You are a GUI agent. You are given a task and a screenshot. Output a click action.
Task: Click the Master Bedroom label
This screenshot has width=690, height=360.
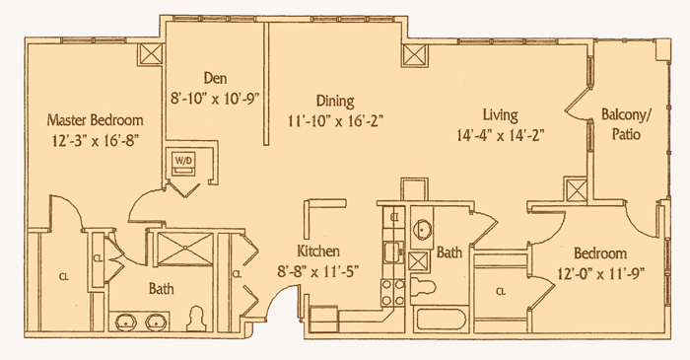95,119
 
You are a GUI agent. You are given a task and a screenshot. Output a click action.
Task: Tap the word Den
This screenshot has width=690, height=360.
215,78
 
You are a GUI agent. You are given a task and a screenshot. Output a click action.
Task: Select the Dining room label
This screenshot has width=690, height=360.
335,102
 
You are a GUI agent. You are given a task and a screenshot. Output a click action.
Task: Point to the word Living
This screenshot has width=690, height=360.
501,115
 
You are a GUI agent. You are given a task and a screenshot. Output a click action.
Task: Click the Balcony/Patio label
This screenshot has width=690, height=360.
627,124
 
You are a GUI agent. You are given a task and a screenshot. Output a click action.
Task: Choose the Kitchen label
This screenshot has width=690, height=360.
318,252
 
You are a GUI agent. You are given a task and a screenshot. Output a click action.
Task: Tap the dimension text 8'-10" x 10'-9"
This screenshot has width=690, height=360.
214,98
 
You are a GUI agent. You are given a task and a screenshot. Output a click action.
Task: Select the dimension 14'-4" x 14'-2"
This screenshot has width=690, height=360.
501,135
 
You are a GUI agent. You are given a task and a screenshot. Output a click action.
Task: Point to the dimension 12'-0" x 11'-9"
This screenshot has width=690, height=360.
600,274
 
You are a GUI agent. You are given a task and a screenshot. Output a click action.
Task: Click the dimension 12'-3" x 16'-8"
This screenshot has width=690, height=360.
96,140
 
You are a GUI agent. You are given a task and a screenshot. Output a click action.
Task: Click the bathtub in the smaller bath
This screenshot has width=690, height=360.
441,320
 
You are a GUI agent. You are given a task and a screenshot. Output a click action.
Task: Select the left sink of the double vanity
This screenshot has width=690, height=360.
126,323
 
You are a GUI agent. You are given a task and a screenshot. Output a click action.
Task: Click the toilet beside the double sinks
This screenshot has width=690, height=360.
195,319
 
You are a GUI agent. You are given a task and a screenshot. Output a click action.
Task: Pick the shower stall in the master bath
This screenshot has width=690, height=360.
185,249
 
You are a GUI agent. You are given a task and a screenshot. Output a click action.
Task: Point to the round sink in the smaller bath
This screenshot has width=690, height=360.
423,229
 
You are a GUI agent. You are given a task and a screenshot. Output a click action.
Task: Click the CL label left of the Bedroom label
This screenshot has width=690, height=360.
501,292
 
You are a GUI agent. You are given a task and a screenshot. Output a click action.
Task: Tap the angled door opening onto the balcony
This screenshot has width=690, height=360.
578,103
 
